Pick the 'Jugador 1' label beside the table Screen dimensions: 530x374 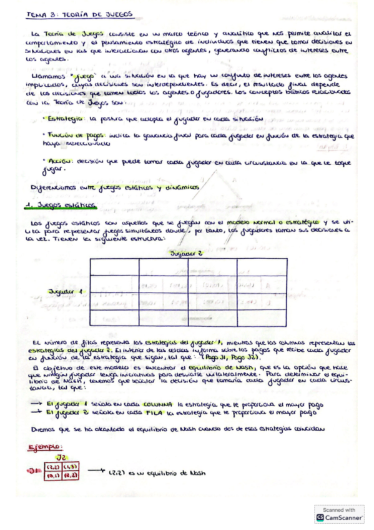click(x=65, y=291)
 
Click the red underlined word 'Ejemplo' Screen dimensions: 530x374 click(x=46, y=447)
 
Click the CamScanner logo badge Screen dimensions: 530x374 click(x=340, y=514)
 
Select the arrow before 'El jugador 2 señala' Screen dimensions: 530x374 click(x=36, y=413)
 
